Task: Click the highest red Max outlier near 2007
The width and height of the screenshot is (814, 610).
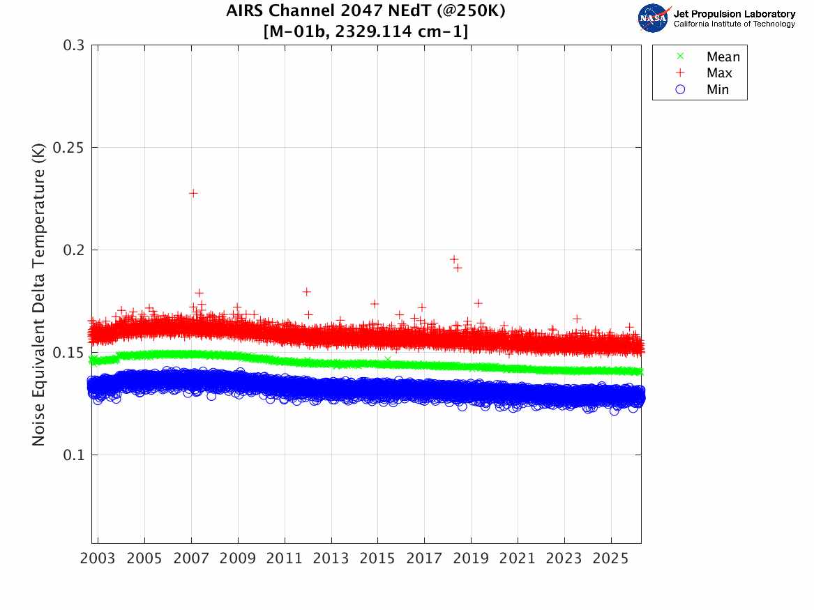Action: click(193, 193)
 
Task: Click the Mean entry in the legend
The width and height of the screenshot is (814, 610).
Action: click(723, 57)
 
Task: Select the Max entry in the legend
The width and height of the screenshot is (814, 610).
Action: click(719, 73)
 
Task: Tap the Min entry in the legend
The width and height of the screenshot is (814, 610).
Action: click(718, 89)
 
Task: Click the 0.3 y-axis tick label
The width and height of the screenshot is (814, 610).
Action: click(74, 45)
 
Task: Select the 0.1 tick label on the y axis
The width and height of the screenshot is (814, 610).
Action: click(74, 455)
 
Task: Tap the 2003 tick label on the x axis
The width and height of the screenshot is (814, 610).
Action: click(98, 559)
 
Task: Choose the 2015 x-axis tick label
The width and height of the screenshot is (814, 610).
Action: click(378, 559)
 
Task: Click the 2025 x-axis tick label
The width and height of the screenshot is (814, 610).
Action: click(611, 559)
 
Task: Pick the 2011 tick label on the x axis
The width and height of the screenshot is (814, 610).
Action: click(285, 559)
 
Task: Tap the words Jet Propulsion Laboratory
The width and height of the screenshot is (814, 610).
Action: click(734, 13)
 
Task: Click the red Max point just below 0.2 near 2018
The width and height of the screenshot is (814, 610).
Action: click(454, 259)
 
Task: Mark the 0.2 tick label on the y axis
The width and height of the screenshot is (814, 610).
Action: click(74, 250)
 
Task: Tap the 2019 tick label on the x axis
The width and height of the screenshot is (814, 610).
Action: click(471, 559)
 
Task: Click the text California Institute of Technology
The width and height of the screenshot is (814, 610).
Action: click(734, 24)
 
